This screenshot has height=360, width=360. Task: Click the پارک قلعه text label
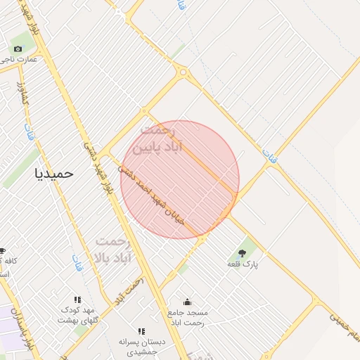point(243,264)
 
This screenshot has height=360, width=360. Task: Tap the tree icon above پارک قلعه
point(243,252)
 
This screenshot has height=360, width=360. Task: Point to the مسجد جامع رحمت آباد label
point(187,316)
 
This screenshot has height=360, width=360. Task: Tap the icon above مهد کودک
point(77,300)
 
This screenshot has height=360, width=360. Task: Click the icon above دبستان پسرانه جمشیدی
point(141,331)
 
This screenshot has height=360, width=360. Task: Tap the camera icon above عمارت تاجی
point(18,49)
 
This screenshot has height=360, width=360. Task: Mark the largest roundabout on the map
point(183,72)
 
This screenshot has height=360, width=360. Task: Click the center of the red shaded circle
point(180,179)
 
